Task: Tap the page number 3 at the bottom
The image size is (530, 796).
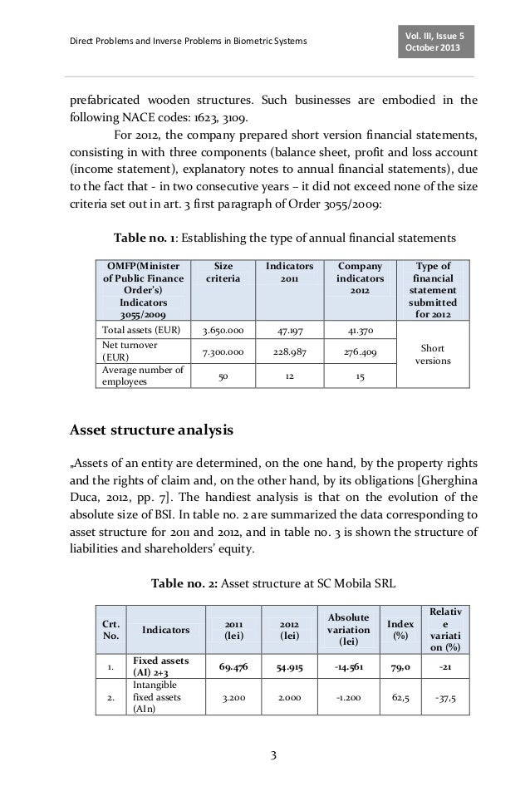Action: (275, 754)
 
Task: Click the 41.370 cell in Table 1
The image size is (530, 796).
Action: (359, 330)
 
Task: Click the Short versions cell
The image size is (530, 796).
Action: (431, 356)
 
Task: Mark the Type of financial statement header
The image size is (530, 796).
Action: (431, 289)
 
